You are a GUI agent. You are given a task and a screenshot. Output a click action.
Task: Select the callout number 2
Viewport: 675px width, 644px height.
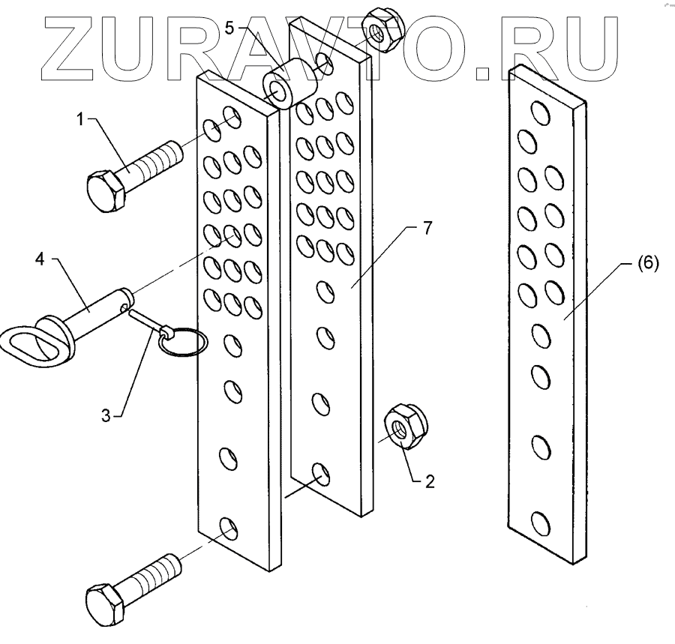(430, 483)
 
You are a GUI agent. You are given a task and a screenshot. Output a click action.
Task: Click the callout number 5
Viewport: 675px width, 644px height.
(230, 28)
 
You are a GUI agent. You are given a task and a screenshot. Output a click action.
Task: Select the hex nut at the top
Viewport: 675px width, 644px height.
(382, 31)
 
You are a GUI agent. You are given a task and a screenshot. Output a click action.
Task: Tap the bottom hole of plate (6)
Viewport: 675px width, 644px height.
(538, 523)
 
